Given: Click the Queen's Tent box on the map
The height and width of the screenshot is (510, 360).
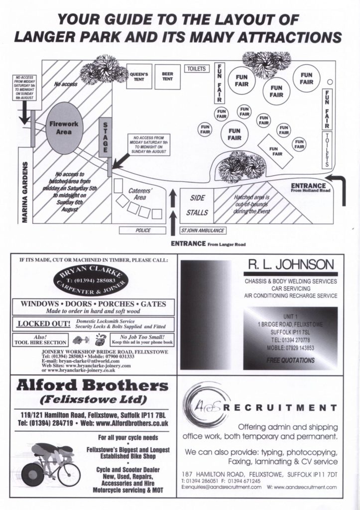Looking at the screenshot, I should click(x=139, y=77).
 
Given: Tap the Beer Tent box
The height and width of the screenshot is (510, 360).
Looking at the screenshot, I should click(x=167, y=77).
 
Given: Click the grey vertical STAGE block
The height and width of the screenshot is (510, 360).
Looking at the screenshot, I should click(x=105, y=137).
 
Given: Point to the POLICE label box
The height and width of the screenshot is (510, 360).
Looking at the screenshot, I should click(x=143, y=231).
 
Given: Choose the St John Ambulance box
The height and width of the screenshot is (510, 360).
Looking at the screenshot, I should click(x=203, y=231).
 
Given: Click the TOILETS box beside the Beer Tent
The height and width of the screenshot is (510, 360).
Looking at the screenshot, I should click(x=197, y=69).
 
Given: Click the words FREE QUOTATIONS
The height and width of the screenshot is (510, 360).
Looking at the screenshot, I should click(x=290, y=360).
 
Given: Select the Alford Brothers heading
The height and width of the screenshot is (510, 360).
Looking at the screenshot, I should click(x=92, y=386).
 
